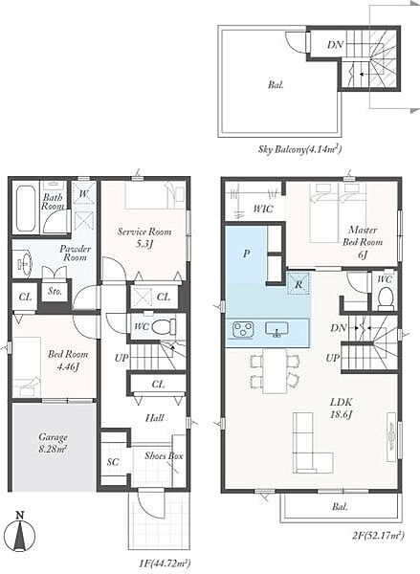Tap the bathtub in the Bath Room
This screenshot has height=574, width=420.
(26, 208)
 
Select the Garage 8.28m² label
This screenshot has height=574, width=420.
(53, 442)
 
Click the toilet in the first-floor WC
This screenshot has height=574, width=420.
(164, 326)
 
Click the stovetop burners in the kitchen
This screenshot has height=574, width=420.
(242, 328)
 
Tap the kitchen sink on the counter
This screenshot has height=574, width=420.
(276, 329)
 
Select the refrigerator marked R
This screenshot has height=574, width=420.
(298, 284)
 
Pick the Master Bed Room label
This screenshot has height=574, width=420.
(363, 236)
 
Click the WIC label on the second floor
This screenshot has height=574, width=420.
(263, 209)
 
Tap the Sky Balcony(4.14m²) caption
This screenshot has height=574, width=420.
(300, 149)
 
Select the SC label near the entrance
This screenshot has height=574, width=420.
(113, 462)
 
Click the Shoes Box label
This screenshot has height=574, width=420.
(164, 456)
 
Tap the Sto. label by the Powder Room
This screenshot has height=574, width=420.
(55, 292)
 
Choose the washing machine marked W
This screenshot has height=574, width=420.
(84, 194)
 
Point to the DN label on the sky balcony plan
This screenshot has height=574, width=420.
(335, 45)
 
